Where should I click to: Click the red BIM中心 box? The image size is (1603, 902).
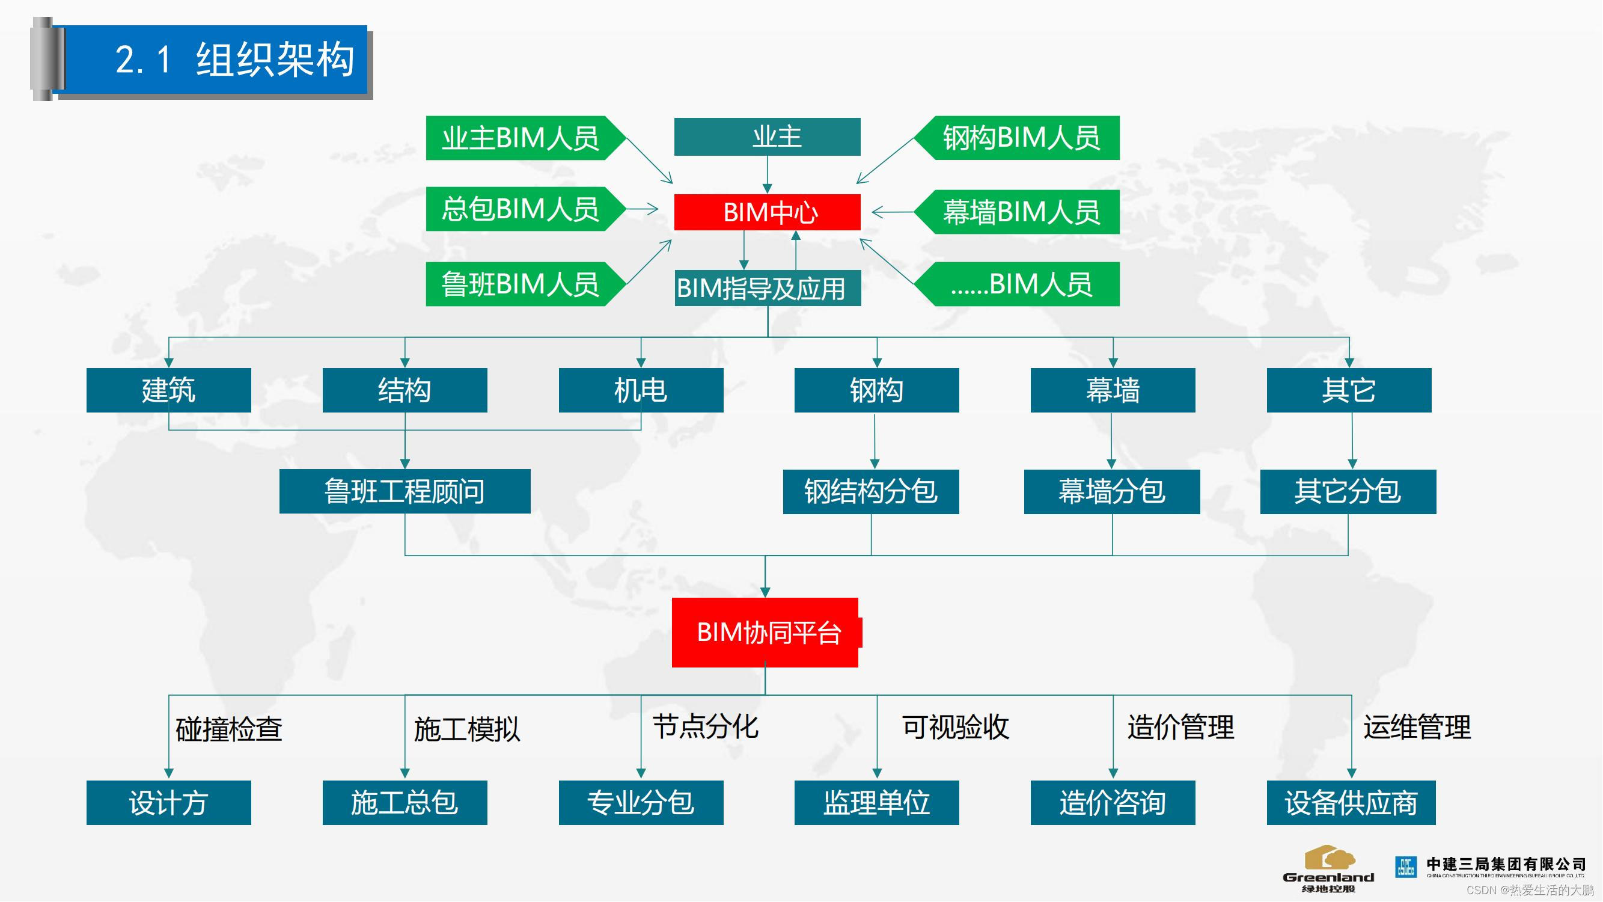click(x=767, y=212)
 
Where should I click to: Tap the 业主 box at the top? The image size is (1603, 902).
click(x=767, y=137)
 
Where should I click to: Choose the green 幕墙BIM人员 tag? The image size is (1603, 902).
click(x=1021, y=212)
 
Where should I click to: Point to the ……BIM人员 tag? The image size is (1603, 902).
click(x=1021, y=284)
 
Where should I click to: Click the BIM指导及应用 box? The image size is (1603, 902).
click(x=767, y=288)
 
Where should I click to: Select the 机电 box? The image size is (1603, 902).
click(x=640, y=390)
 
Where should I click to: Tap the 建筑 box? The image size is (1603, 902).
click(x=168, y=390)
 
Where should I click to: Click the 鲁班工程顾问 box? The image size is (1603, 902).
click(x=405, y=491)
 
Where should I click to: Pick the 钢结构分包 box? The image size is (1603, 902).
click(x=870, y=491)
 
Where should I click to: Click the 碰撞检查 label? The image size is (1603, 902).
click(x=229, y=729)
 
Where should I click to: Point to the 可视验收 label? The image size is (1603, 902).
click(x=955, y=726)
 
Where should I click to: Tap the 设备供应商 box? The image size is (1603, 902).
click(x=1351, y=802)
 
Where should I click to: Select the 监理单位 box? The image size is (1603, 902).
click(x=876, y=802)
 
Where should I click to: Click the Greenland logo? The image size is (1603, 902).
click(x=1328, y=869)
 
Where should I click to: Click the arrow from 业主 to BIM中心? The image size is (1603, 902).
click(x=767, y=174)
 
